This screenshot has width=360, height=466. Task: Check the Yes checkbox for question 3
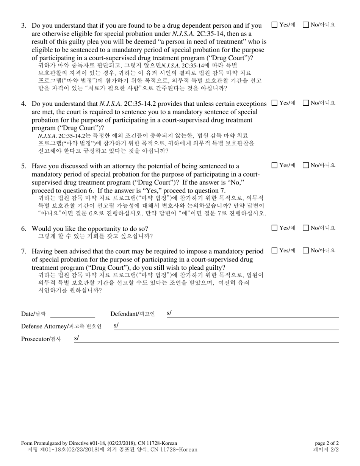275,25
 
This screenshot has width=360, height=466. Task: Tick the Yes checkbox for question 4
275,103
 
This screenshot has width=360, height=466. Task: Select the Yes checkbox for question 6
275,228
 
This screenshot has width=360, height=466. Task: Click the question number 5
23,166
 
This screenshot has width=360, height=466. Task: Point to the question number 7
23,252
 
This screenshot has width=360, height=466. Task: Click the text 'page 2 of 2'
327,443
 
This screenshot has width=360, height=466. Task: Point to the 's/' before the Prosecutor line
77,338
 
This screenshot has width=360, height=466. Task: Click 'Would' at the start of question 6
41,229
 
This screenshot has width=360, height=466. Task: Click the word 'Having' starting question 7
42,252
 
